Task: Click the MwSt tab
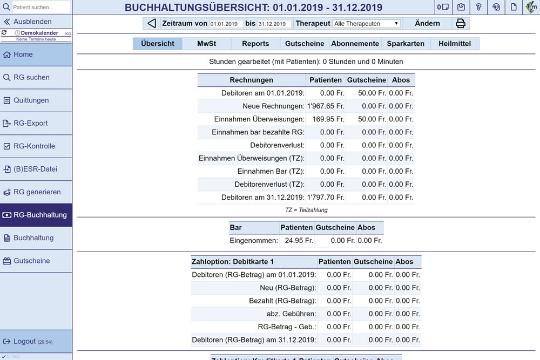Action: click(206, 44)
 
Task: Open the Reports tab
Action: click(255, 44)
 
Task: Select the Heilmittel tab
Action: click(455, 44)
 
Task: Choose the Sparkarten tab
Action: click(406, 44)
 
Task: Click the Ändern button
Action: click(427, 24)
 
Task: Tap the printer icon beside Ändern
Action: click(461, 24)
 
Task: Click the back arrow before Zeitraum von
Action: click(152, 24)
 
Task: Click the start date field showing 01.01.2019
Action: click(226, 24)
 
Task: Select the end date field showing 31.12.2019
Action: click(274, 24)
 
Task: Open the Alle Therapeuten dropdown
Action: click(366, 24)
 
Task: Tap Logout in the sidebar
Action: click(25, 341)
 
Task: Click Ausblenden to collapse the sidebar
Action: click(32, 22)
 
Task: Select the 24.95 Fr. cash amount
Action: click(296, 241)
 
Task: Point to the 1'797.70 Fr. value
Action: click(326, 198)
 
